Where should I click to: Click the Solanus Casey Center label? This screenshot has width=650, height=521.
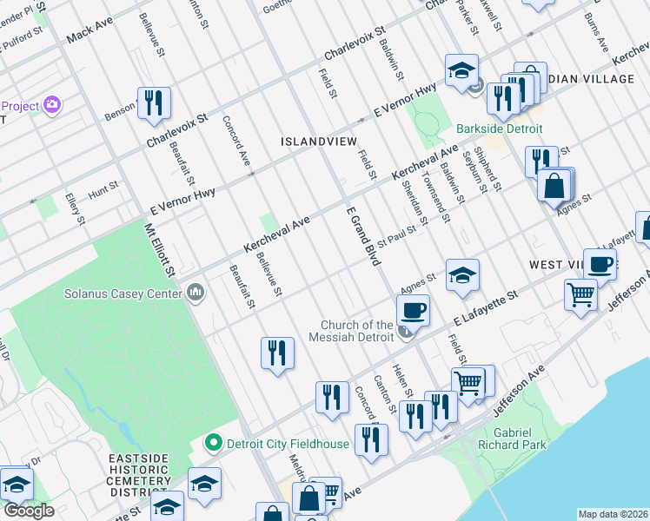coord(123,293)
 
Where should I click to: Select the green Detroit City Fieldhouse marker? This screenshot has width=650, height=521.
coord(213,443)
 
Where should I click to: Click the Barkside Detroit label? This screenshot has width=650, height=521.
coord(500,129)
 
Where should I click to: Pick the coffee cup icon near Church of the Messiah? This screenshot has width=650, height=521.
coord(414,309)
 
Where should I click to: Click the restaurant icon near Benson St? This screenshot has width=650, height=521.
coord(154,102)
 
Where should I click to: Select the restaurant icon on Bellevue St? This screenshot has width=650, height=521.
coord(277,353)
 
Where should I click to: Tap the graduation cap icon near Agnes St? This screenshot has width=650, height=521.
coord(462,275)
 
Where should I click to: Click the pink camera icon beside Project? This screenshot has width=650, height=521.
coord(52,105)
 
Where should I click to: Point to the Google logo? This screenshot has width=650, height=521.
coord(29,511)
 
